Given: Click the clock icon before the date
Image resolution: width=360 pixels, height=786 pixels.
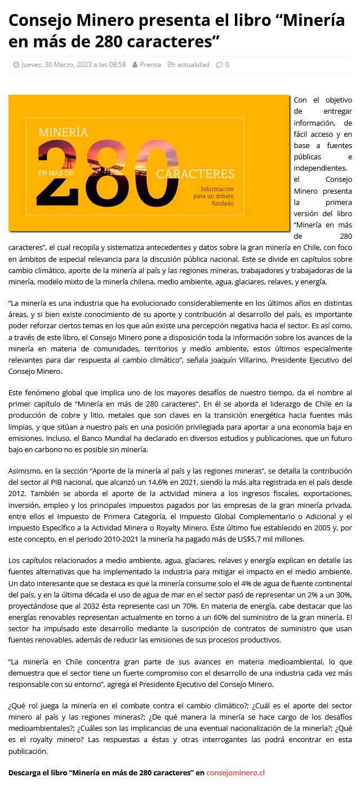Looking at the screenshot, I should [16, 65].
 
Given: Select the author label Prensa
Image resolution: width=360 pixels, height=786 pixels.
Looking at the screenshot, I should [150, 65].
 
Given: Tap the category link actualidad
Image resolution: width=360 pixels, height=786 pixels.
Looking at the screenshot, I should [193, 65].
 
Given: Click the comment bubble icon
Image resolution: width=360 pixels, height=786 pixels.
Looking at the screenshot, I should [219, 65].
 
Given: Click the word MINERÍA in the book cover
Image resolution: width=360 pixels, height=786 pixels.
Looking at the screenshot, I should [63, 132].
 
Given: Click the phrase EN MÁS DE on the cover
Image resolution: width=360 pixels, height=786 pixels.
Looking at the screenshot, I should [56, 173].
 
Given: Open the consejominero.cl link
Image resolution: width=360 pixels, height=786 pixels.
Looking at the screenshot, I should [235, 772].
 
